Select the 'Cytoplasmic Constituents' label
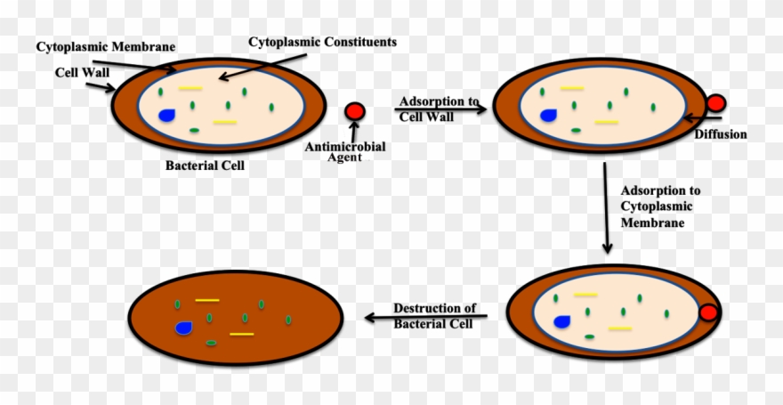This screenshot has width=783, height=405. click(322, 42)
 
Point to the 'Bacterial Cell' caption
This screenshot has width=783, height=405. click(205, 166)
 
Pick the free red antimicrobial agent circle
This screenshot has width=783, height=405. click(355, 111)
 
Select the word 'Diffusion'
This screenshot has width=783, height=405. click(721, 134)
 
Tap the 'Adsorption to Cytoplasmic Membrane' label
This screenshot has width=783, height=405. click(660, 207)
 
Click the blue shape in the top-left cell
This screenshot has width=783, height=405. click(167, 115)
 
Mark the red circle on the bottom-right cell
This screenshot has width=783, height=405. click(708, 312)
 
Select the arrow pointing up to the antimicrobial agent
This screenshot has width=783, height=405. click(354, 131)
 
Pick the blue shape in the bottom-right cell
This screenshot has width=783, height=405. click(562, 321)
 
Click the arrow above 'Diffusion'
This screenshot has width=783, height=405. click(703, 117)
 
